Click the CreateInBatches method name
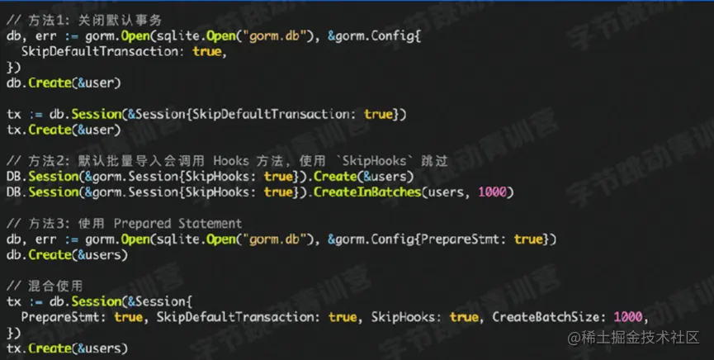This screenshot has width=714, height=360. (367, 192)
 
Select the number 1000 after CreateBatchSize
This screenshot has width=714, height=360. (628, 317)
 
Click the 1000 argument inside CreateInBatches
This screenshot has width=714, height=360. (492, 192)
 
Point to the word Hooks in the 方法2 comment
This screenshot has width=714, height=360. (231, 161)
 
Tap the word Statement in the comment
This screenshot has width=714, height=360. (210, 223)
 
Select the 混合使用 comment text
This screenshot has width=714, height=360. (55, 286)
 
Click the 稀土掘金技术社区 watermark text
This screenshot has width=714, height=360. (633, 338)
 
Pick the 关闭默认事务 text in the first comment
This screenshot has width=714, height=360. (120, 20)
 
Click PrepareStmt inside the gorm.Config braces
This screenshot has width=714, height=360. (460, 239)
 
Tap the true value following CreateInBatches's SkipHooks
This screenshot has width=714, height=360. (278, 192)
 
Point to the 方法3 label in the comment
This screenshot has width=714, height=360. (50, 223)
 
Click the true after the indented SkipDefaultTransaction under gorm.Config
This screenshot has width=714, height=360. (206, 51)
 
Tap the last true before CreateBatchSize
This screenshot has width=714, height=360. (464, 317)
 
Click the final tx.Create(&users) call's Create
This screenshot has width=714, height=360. (50, 348)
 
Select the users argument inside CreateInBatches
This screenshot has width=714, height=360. (443, 192)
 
